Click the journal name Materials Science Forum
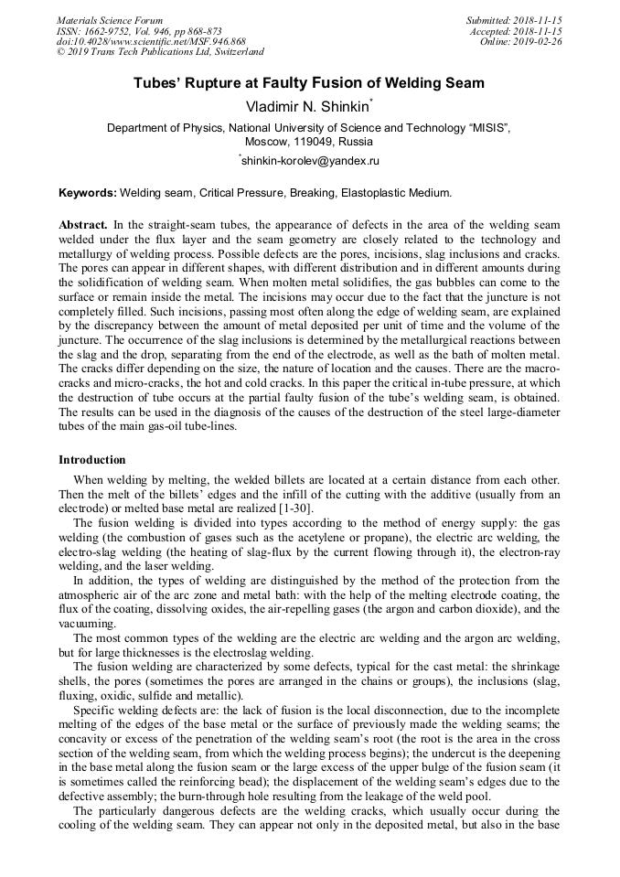(x=110, y=20)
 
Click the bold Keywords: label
(x=88, y=193)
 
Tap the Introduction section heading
(x=91, y=459)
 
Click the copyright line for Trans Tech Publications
(x=160, y=52)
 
